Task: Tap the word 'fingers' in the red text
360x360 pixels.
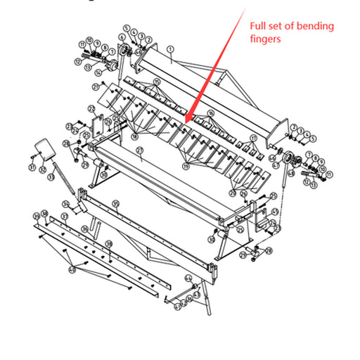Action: [x=266, y=39]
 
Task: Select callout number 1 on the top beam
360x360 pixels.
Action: [x=170, y=50]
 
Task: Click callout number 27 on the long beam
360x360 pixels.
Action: [x=139, y=151]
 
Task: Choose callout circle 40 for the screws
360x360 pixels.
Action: [x=72, y=269]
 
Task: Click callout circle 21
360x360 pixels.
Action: [x=94, y=87]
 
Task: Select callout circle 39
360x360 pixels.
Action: [x=109, y=245]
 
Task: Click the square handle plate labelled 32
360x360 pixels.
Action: [x=44, y=148]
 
